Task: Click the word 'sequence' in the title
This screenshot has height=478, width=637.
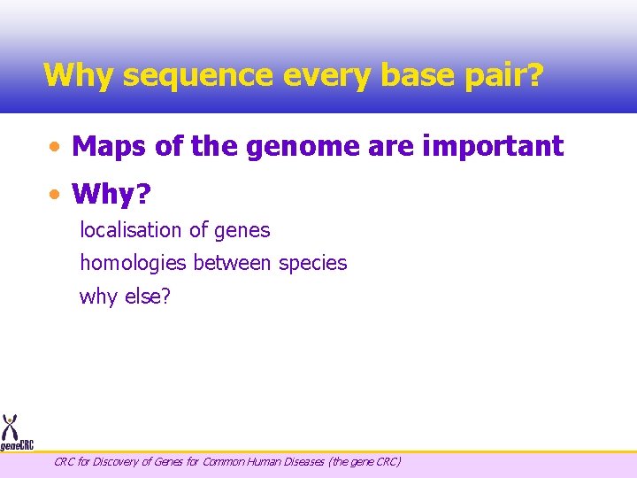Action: point(199,75)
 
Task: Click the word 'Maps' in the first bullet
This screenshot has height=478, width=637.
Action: point(110,146)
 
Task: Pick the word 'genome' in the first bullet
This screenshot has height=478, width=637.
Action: point(294,146)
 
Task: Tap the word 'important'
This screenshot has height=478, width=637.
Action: point(493,146)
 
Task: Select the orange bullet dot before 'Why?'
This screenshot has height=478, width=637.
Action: point(56,193)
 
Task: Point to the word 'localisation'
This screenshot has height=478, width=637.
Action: point(130,230)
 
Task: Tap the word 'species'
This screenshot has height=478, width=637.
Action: point(313,263)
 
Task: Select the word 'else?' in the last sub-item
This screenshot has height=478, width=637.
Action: point(146,296)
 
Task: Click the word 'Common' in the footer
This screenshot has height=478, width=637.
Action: point(229,461)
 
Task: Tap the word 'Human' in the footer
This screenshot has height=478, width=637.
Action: point(267,461)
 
